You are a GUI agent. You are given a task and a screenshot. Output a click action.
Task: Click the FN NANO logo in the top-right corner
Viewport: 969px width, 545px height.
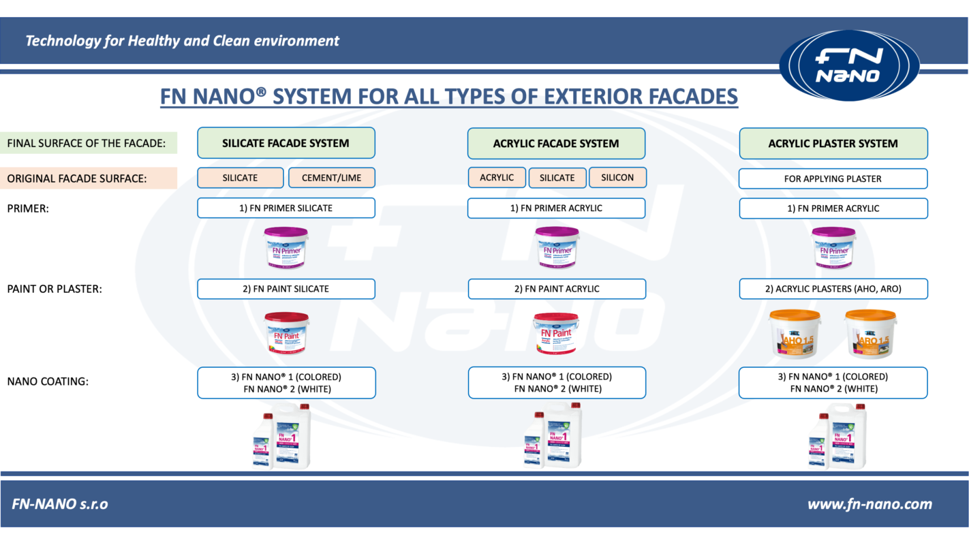(848, 65)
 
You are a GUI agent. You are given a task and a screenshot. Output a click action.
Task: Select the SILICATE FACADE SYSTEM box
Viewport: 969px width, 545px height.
(286, 143)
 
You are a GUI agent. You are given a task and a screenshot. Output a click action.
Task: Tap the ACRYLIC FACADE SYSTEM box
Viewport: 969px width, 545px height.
(556, 144)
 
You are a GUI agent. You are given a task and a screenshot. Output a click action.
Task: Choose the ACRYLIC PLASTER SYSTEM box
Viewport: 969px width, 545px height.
(833, 144)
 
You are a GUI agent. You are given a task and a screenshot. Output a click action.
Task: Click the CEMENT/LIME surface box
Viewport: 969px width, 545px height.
(331, 178)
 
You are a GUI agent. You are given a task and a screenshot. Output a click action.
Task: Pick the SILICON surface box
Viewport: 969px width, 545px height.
(617, 177)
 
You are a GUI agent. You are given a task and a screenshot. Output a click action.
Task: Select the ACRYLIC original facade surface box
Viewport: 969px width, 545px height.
(497, 177)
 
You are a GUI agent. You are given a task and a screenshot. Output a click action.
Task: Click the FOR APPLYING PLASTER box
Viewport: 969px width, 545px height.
(833, 178)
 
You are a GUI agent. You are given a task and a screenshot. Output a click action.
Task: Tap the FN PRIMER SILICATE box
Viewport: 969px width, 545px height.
(286, 208)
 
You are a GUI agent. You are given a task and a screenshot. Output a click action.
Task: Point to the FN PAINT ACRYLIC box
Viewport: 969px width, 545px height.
(556, 289)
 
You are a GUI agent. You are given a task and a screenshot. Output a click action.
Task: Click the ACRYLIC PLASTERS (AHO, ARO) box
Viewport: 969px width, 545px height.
(833, 289)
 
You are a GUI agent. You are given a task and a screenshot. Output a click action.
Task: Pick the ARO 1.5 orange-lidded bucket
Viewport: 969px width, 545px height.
(870, 332)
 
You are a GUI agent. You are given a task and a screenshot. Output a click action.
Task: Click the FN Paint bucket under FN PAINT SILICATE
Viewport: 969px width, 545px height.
(287, 332)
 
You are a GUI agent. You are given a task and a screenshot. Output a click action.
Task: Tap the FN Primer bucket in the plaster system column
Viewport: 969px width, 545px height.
(833, 247)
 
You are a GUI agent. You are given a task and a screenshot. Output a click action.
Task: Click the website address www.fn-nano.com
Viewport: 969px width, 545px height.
(870, 504)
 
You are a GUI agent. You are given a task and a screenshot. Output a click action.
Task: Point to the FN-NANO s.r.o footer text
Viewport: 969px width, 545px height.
(60, 504)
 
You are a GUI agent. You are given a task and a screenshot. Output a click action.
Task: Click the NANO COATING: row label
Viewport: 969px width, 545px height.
(48, 381)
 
